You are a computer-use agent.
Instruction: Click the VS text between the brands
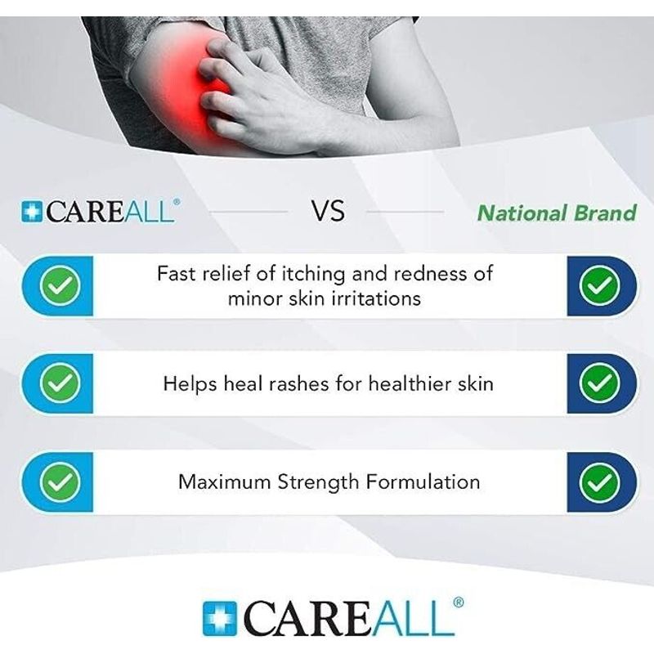tap(329, 211)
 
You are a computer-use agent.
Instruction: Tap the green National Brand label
tap(558, 213)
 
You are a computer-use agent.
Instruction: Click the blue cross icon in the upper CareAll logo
tap(32, 212)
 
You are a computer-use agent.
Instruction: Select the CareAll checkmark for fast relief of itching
tap(60, 285)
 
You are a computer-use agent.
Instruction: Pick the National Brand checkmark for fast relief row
tap(599, 285)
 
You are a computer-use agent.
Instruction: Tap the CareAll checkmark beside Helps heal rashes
tap(60, 383)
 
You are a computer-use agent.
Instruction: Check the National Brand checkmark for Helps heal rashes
tap(599, 383)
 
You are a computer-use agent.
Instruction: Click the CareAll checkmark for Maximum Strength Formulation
tap(60, 482)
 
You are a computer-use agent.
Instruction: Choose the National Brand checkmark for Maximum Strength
tap(599, 482)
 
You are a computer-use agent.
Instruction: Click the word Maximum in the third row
tap(224, 482)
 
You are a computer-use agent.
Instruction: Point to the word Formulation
tap(423, 482)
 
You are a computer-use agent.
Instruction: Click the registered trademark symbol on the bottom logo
tap(458, 602)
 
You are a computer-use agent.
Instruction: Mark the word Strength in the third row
tap(318, 482)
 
